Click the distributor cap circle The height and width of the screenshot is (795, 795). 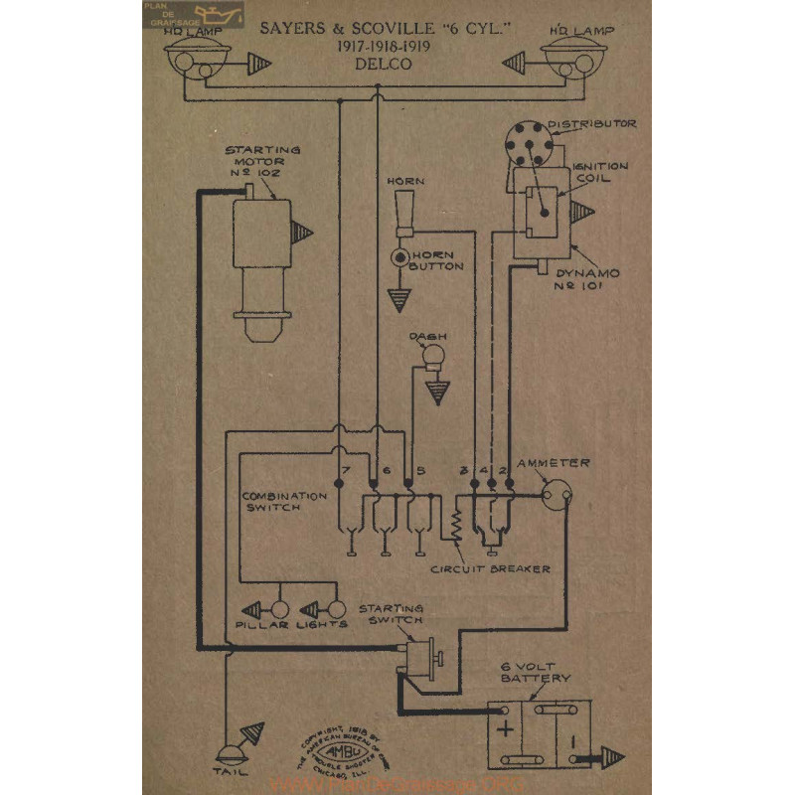click(526, 143)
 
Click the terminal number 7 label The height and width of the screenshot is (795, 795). click(345, 469)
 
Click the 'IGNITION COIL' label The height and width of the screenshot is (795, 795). click(600, 173)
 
